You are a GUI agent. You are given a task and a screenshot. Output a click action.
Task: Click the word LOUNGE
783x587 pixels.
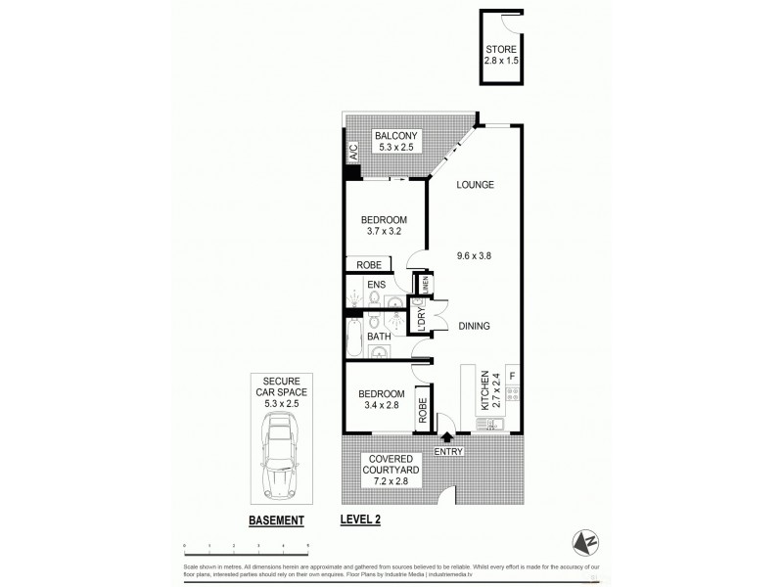pos(472,185)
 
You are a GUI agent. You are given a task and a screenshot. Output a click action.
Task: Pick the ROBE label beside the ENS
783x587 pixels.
pos(368,264)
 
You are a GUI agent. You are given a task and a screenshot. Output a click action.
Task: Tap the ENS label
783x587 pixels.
pos(377,286)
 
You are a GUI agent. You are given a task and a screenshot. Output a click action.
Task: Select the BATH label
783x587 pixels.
pos(379,337)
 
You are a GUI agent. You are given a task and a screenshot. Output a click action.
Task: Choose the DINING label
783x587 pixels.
pos(475,327)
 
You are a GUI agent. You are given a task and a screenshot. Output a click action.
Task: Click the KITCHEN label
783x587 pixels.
pos(484,389)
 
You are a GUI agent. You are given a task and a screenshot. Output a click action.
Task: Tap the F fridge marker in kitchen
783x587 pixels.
pos(511,375)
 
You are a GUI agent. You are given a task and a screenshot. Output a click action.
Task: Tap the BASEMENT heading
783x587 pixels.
pos(275,520)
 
